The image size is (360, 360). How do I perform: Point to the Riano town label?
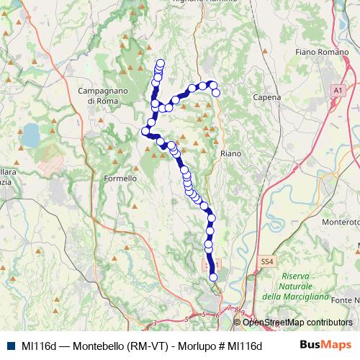[x=230, y=153]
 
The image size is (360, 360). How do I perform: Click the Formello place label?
[x=120, y=178]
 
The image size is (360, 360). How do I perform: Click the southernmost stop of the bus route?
[x=213, y=277]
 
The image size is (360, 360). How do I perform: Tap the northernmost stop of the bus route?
[x=161, y=63]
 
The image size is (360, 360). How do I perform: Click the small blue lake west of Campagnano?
[x=31, y=133]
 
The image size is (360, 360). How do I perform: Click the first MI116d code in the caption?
[x=39, y=346]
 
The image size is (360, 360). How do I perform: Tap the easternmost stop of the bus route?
[x=216, y=92]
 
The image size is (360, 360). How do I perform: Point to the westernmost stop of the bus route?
[x=145, y=131]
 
